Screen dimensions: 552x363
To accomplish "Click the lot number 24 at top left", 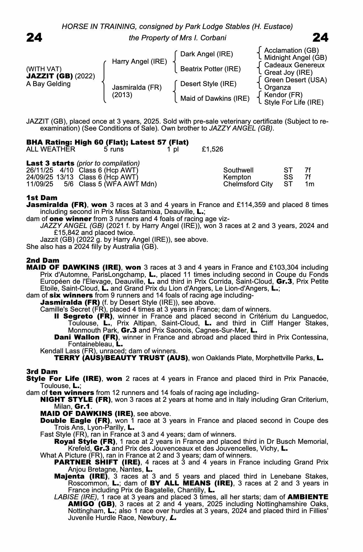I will (34, 38).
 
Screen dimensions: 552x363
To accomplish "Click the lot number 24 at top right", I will (320, 38).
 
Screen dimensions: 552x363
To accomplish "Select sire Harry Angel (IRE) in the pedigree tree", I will (139, 61).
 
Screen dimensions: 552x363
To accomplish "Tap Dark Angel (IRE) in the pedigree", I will (206, 54).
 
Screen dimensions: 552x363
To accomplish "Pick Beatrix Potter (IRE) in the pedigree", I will (210, 69).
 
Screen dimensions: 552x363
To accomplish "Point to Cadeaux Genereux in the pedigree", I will (294, 65).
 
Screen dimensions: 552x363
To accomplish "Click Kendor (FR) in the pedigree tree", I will (283, 95).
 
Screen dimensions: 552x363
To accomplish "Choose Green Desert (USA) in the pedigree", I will (295, 80).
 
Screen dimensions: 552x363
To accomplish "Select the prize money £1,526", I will (212, 149).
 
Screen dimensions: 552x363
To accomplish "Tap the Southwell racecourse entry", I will (238, 170).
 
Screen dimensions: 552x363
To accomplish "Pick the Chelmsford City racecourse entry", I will (248, 184).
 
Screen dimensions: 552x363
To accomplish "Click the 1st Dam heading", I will (42, 198).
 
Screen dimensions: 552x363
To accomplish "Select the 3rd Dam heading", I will (42, 371).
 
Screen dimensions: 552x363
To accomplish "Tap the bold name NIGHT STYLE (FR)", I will (76, 399).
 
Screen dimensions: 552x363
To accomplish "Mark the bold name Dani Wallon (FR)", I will (86, 337).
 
